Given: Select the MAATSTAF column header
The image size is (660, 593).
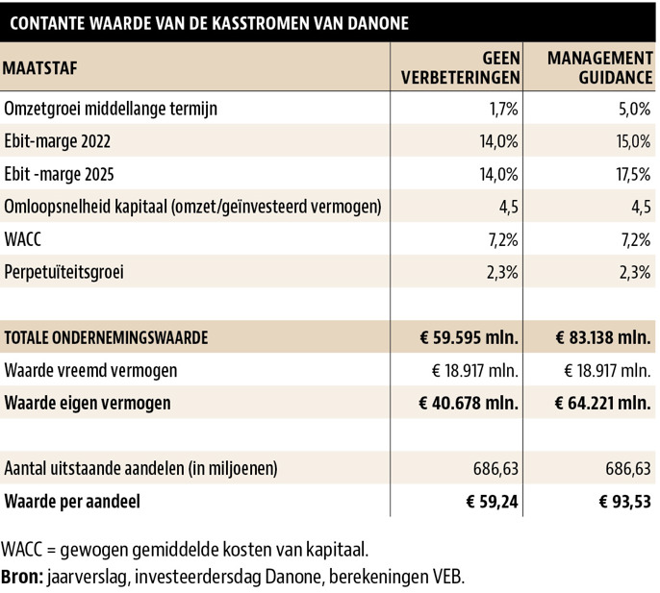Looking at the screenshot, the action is [40, 67].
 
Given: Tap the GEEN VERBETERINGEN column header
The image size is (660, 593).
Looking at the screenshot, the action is [461, 67].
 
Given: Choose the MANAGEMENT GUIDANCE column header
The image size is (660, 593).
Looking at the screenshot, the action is [599, 67].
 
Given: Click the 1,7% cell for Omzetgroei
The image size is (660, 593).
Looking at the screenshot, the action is [503, 109].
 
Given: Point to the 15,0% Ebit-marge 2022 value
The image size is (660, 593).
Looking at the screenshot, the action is [633, 141].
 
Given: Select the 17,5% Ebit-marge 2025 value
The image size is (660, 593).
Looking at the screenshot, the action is [633, 174].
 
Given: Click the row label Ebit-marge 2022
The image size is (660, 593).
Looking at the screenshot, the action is [58, 141].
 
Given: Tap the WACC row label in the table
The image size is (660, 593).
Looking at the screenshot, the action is [23, 239].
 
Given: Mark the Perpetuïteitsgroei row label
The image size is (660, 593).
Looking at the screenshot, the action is [63, 272].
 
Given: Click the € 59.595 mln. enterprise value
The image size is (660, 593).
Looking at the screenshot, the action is [469, 337].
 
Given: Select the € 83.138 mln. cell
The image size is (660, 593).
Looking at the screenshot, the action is [603, 337].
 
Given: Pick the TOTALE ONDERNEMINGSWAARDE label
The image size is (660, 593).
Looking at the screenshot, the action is [106, 337].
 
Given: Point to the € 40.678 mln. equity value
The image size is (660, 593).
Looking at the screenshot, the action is [469, 403].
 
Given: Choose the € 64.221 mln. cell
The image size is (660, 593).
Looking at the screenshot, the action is [602, 403].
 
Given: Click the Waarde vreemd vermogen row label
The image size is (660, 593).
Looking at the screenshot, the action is [90, 371].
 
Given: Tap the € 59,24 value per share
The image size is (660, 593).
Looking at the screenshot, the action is [492, 502].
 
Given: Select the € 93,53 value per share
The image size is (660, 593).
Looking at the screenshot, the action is [624, 502].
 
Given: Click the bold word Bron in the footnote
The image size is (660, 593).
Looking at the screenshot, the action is [22, 577].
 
